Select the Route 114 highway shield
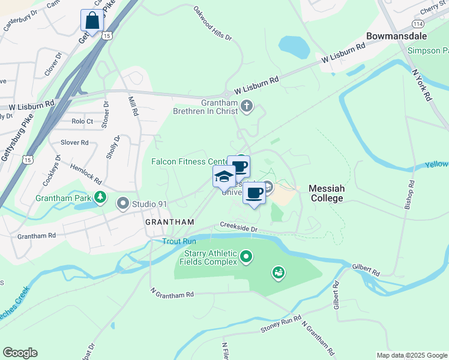click(417, 23)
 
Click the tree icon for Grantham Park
click(101, 197)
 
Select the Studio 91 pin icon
click(124, 204)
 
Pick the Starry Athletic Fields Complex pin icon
click(246, 257)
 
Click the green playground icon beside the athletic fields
click(278, 274)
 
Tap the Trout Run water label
click(178, 241)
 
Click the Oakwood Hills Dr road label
click(212, 23)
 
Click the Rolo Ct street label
click(82, 121)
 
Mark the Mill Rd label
click(134, 106)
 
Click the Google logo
click(20, 353)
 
